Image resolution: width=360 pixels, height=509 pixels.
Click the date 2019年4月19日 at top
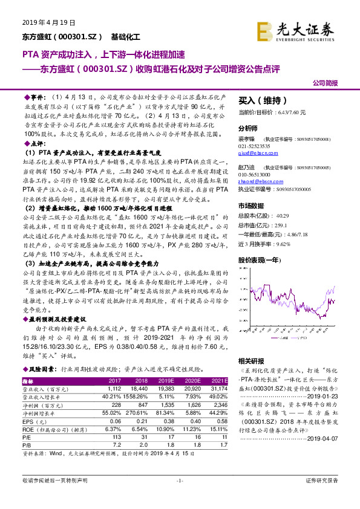point(44,22)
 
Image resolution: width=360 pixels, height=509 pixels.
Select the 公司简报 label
point(326,83)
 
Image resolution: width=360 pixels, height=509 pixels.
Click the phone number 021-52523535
point(254,146)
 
